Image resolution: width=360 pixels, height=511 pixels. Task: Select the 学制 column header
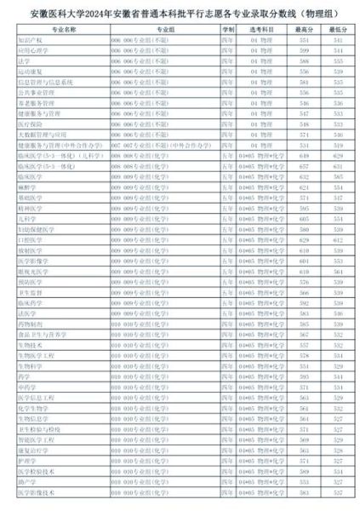pyautogui.click(x=228, y=28)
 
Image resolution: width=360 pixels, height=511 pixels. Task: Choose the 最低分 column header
pyautogui.click(x=339, y=28)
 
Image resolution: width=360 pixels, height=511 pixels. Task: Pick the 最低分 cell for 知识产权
pyautogui.click(x=339, y=40)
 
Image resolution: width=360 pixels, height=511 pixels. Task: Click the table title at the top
pyautogui.click(x=180, y=12)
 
